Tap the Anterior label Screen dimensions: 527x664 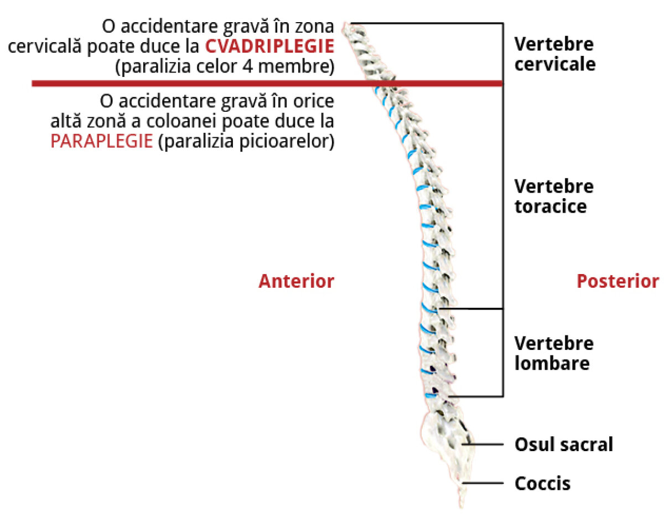click(x=296, y=281)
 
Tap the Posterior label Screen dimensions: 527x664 click(x=618, y=281)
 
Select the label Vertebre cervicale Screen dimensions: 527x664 click(x=554, y=54)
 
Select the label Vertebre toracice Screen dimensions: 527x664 click(x=553, y=197)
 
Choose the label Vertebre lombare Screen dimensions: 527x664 click(x=553, y=353)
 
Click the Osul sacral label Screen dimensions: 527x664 click(x=563, y=444)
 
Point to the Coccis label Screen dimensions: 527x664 click(x=542, y=484)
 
